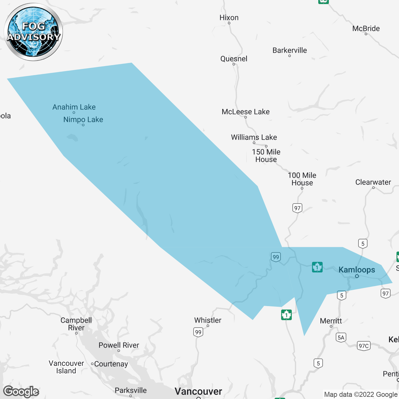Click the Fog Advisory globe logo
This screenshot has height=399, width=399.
pyautogui.click(x=33, y=32)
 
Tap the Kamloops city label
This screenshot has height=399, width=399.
pyautogui.click(x=357, y=270)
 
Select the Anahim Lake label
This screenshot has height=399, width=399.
pyautogui.click(x=74, y=107)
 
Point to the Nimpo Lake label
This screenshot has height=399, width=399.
pyautogui.click(x=83, y=119)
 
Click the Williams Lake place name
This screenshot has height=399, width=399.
pyautogui.click(x=254, y=137)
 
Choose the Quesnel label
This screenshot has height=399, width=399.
pyautogui.click(x=234, y=59)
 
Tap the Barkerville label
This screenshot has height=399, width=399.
pyautogui.click(x=290, y=50)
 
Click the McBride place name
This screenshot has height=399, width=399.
pyautogui.click(x=366, y=28)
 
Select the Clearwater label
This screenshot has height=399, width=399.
pyautogui.click(x=373, y=182)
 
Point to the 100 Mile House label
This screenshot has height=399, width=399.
pyautogui.click(x=302, y=179)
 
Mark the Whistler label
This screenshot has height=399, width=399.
pyautogui.click(x=208, y=320)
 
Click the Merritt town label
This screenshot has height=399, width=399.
pyautogui.click(x=331, y=321)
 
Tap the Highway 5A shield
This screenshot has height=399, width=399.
pyautogui.click(x=341, y=337)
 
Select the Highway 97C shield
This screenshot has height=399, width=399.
pyautogui.click(x=363, y=346)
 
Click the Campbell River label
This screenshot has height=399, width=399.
pyautogui.click(x=76, y=324)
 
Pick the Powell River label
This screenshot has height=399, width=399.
pyautogui.click(x=119, y=345)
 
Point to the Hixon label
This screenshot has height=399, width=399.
pyautogui.click(x=229, y=17)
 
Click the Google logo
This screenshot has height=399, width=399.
pyautogui.click(x=21, y=392)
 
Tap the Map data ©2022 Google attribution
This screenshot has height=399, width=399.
pyautogui.click(x=361, y=394)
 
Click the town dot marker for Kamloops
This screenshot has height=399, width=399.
pyautogui.click(x=357, y=276)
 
